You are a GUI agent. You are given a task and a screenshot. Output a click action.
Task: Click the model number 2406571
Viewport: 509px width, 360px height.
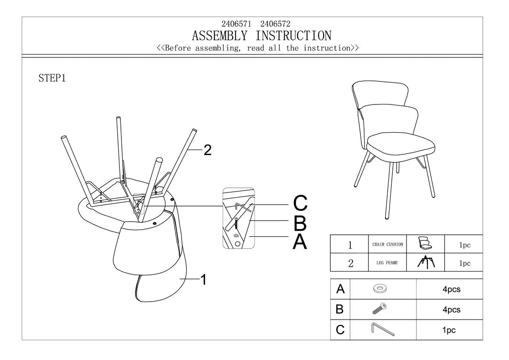pos(236,24)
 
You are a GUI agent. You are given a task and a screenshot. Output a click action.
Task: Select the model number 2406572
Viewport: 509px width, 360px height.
pos(275,24)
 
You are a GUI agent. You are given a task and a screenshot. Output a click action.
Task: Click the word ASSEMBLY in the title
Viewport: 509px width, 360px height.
pos(219,36)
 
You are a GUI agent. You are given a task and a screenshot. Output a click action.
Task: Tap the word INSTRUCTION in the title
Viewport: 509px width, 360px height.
pos(294,36)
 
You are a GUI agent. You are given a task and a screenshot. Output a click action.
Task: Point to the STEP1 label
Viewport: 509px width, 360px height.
pos(52,78)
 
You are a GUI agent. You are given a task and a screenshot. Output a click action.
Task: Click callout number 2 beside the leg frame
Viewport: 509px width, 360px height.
pos(207,150)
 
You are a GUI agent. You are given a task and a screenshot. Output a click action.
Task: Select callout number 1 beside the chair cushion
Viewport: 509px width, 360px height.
pos(204,280)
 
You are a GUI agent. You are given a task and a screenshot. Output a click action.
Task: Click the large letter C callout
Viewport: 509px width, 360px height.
pos(300,203)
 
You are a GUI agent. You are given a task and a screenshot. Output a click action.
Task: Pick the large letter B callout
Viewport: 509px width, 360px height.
pos(300,223)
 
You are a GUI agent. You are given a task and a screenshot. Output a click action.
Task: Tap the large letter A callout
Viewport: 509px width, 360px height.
pos(300,242)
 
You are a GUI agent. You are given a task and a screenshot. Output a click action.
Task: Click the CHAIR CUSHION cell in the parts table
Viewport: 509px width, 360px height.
pos(388,244)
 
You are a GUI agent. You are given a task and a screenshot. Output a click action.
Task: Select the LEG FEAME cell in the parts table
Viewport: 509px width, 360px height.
pos(387,263)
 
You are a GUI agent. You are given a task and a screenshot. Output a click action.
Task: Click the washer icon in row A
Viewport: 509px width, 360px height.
pos(380,288)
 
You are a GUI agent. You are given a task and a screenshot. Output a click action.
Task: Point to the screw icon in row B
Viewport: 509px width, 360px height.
pos(380,309)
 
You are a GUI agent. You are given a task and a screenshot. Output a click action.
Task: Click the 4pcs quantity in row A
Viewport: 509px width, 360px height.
pos(451,289)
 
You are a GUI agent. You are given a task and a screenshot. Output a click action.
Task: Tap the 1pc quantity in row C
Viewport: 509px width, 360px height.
pos(449,330)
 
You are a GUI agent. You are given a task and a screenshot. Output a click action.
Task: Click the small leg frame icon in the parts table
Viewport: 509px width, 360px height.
pos(426,262)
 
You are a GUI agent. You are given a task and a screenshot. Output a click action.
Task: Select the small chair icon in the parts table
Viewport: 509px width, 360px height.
pos(425,243)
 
